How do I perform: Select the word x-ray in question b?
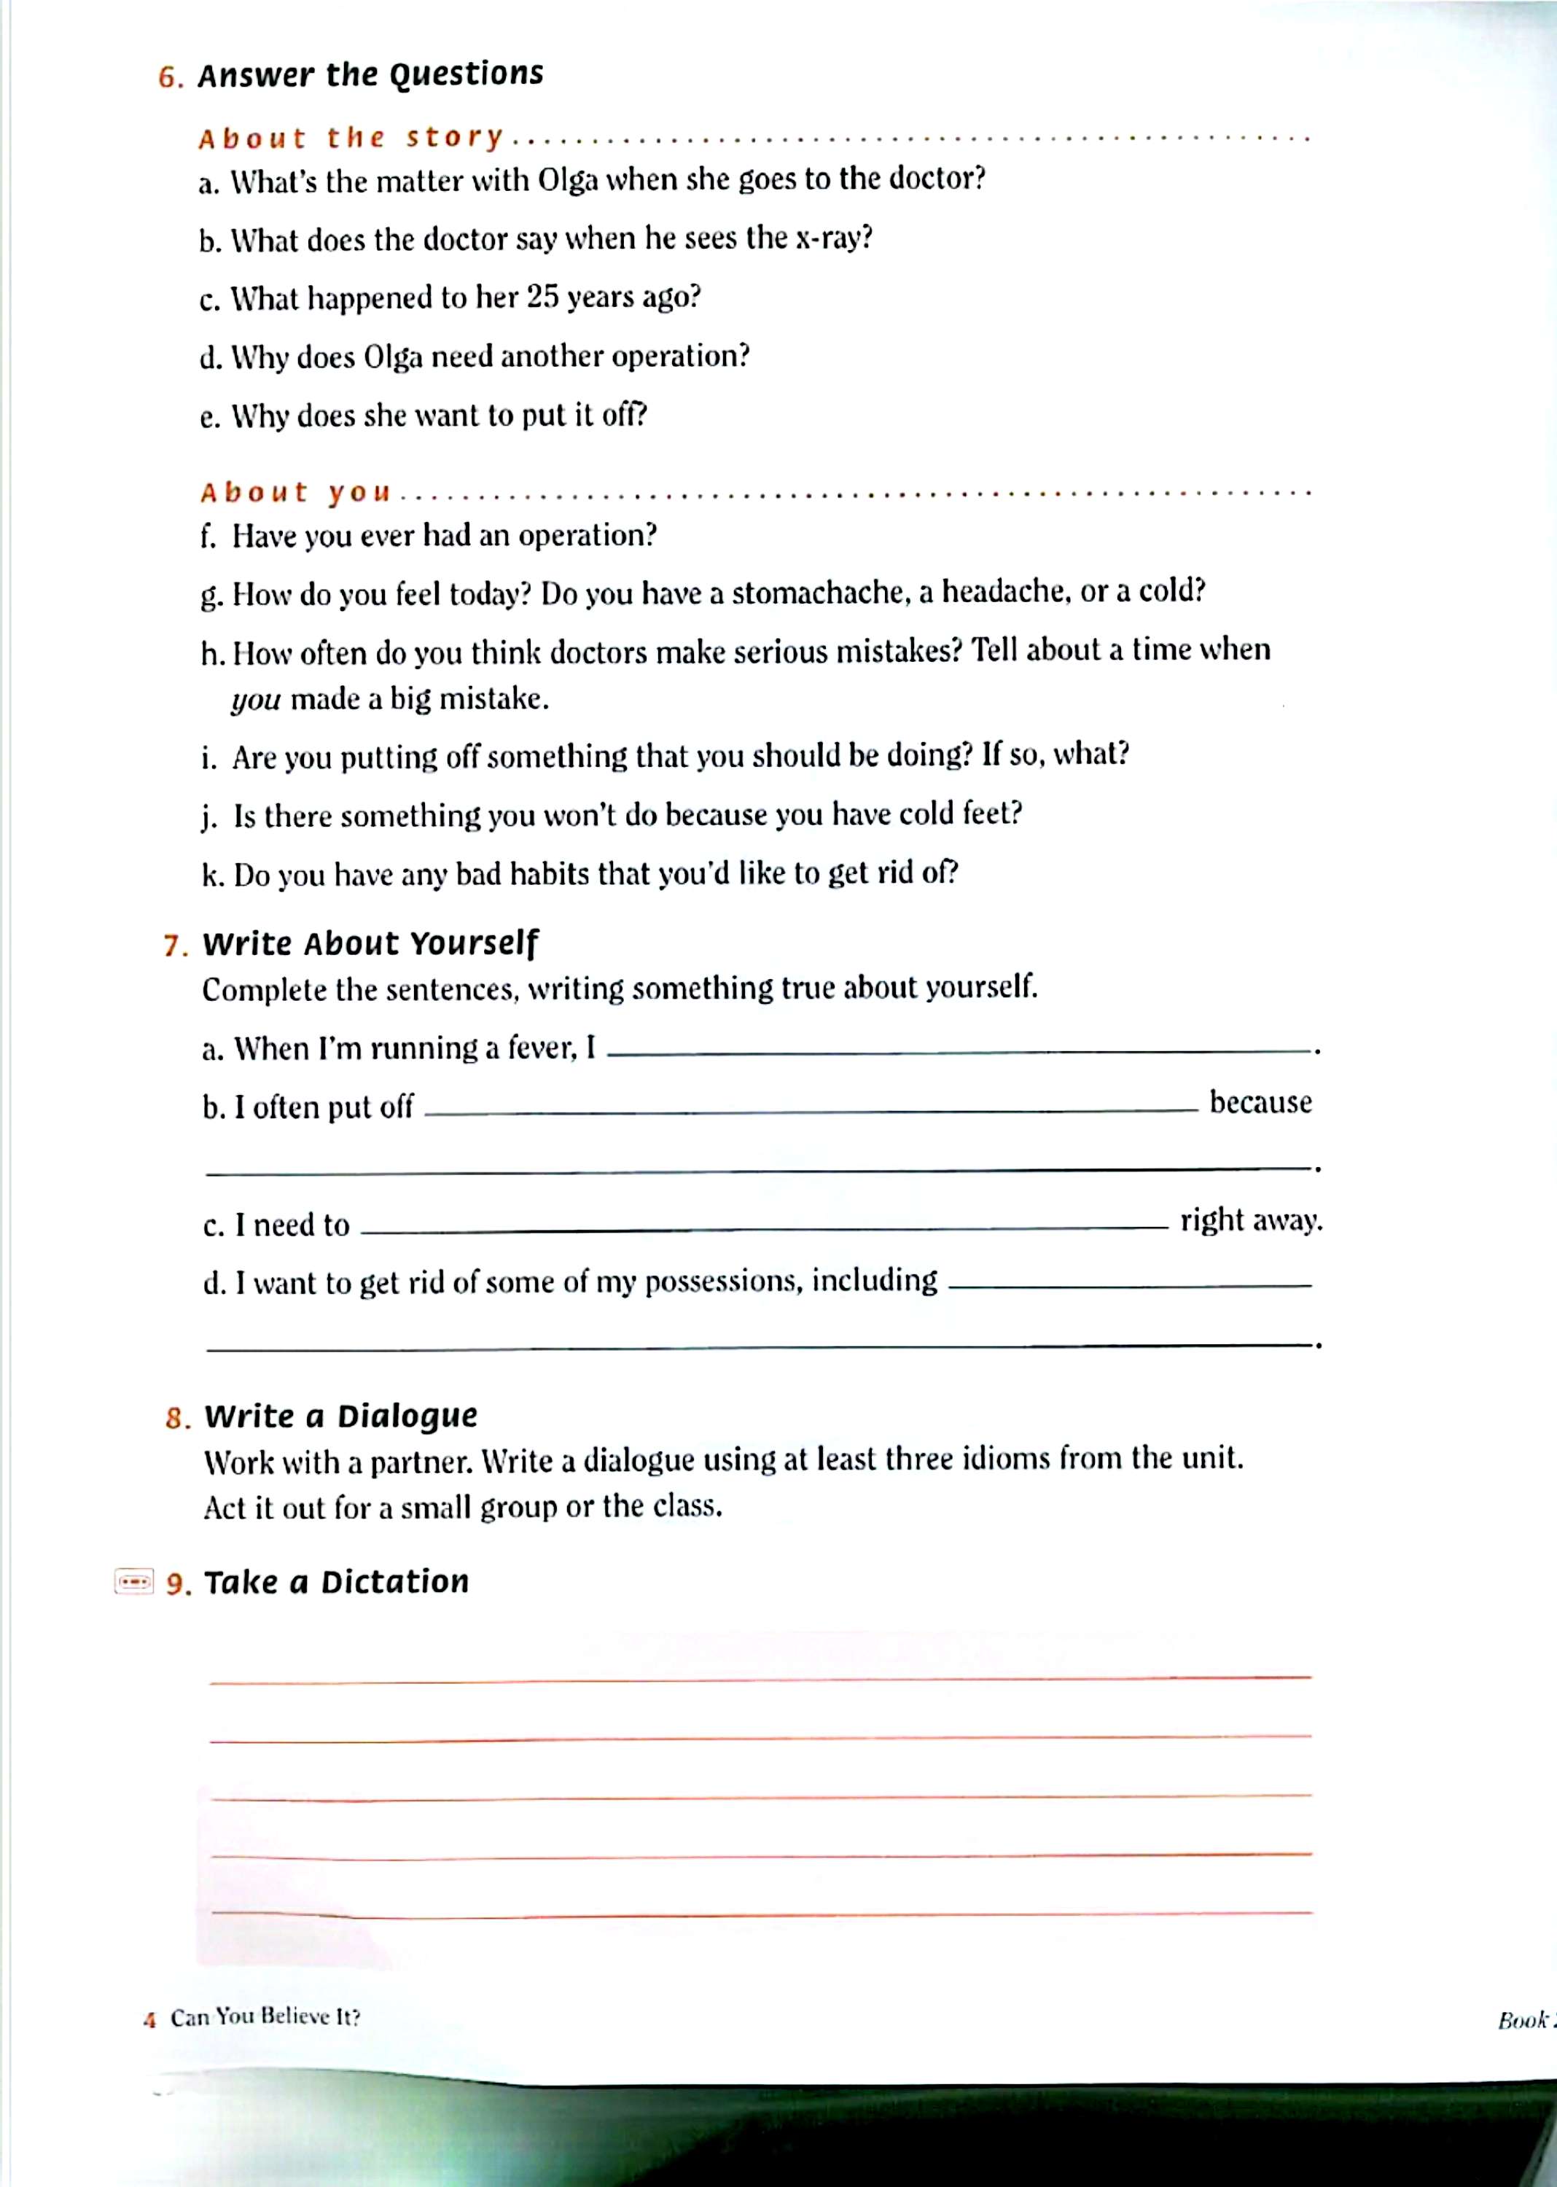point(832,238)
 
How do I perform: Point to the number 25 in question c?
point(542,297)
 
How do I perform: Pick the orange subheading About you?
point(295,493)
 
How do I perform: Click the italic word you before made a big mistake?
point(255,700)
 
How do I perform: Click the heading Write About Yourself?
point(370,943)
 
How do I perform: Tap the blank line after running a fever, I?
point(959,1052)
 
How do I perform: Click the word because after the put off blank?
point(1260,1102)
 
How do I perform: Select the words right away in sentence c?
point(1250,1220)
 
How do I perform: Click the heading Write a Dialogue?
point(340,1416)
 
